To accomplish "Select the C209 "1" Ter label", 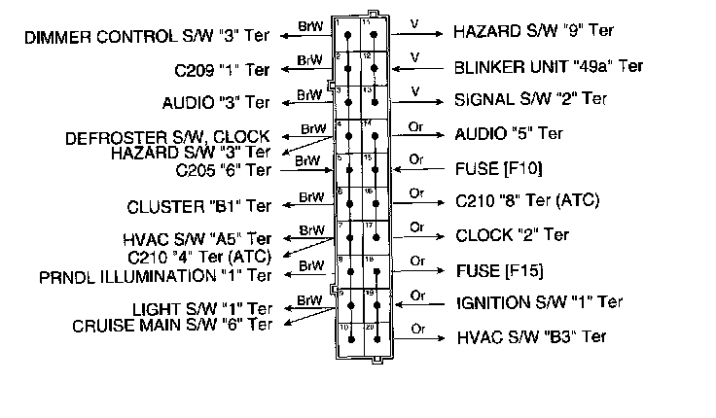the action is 222,71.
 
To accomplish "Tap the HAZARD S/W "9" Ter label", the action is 529,33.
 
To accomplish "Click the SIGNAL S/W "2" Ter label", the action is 530,99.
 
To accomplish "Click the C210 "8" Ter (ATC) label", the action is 527,202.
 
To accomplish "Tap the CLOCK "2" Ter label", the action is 512,235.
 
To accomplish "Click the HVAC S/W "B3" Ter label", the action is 531,337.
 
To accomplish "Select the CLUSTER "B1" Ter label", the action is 199,207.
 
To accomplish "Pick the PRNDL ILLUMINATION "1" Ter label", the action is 156,275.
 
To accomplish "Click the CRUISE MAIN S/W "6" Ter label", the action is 171,325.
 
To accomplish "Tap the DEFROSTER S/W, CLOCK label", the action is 168,138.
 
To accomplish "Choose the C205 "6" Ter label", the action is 223,169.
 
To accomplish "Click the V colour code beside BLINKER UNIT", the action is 415,57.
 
